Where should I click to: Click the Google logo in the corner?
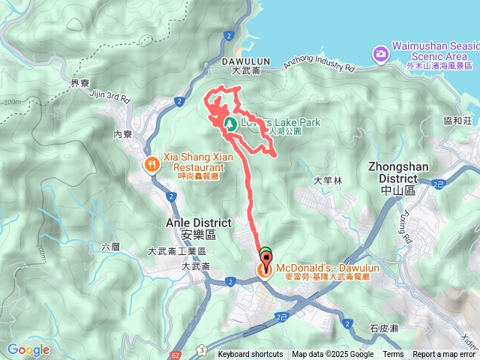[28, 349]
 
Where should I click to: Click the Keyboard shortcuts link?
[250, 355]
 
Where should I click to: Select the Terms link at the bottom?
[393, 355]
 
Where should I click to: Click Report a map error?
[443, 355]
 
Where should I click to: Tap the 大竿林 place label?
[328, 181]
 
